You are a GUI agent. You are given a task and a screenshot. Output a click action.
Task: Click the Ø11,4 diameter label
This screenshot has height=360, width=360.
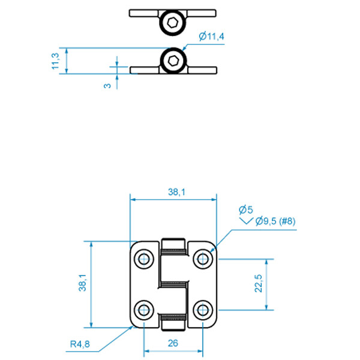click(211, 36)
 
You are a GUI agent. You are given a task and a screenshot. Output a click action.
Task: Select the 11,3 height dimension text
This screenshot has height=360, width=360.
click(55, 61)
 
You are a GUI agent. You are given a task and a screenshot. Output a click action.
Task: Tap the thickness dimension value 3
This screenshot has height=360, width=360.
click(107, 86)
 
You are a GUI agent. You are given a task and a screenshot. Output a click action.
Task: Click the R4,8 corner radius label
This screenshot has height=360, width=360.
click(80, 344)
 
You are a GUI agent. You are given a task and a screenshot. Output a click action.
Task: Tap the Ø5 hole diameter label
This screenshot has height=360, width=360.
click(245, 209)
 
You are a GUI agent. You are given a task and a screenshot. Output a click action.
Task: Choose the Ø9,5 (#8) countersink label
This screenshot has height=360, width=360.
click(275, 221)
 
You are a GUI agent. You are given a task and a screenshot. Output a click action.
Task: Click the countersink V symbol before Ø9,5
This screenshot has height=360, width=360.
click(246, 221)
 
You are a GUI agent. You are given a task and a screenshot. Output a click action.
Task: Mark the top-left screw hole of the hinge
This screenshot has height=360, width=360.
click(144, 259)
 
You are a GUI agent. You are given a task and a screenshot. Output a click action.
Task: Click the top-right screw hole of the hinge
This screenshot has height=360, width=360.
click(203, 259)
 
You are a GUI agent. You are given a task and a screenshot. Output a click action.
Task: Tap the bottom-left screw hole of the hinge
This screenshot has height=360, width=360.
click(144, 310)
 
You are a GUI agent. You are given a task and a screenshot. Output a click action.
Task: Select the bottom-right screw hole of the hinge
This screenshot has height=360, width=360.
click(203, 310)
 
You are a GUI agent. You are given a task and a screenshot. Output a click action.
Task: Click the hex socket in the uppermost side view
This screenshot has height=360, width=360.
click(172, 23)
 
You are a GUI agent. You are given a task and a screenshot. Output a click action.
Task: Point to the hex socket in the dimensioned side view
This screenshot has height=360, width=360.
click(173, 61)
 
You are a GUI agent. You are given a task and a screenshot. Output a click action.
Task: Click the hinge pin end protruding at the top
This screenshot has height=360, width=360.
click(173, 244)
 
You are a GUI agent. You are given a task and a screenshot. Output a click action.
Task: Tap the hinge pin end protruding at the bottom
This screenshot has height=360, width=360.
click(173, 325)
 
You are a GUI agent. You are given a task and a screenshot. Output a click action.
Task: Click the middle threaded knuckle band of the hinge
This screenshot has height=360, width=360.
click(173, 285)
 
